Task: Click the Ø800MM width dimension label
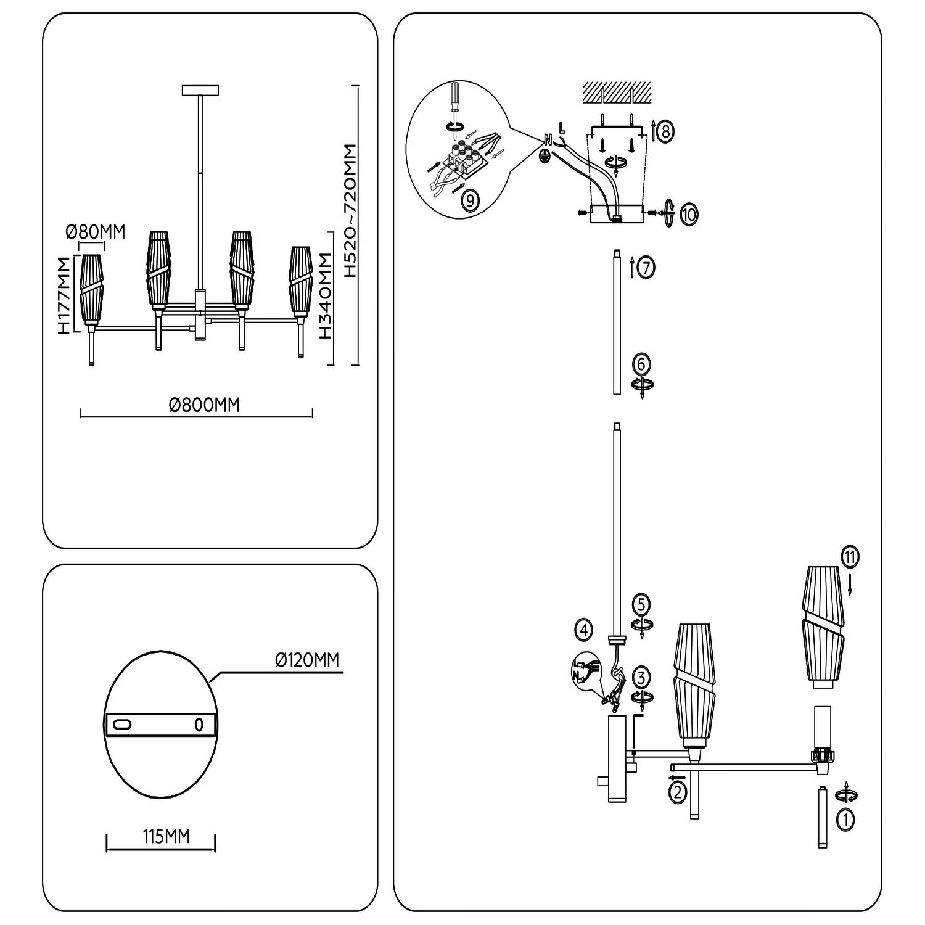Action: point(203,405)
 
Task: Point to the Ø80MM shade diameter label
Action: point(95,232)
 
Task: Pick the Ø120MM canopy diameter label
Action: point(307,660)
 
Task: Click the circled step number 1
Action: point(845,820)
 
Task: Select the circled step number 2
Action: point(677,791)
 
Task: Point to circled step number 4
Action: point(583,630)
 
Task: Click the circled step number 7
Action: point(645,268)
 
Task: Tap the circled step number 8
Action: point(664,131)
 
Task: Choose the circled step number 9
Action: point(469,199)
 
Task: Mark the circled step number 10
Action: point(689,215)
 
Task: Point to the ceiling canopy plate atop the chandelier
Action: point(200,90)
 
